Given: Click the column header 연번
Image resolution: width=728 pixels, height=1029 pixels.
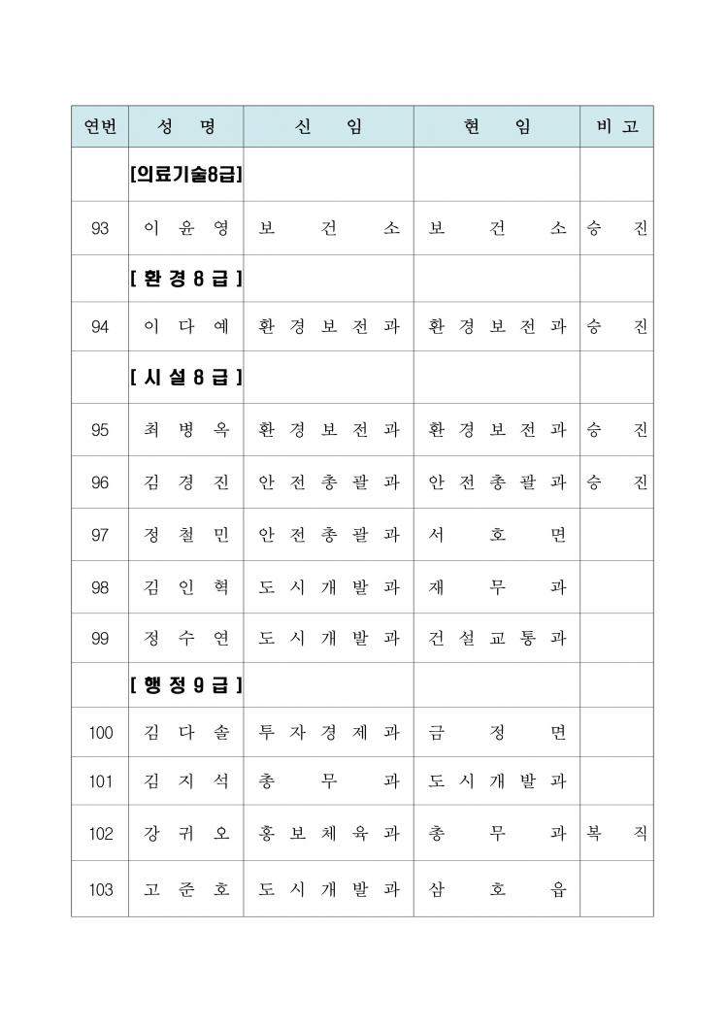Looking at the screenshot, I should [100, 126].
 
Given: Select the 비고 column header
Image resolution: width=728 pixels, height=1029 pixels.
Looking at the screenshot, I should [616, 126].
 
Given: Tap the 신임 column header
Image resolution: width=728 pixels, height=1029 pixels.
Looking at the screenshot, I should [328, 126].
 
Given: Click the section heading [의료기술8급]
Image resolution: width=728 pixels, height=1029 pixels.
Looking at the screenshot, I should [185, 175].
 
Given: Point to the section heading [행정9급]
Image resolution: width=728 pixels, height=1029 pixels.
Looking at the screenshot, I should [185, 685].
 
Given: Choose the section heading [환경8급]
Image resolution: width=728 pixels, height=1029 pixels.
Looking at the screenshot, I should [185, 280].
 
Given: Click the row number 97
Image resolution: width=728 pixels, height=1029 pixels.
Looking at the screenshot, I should [100, 535].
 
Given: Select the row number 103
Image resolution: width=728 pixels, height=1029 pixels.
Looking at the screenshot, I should [100, 889].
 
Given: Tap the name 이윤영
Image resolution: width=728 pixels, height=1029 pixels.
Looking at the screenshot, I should [185, 229].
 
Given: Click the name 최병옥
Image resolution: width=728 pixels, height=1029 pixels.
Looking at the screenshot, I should [185, 430].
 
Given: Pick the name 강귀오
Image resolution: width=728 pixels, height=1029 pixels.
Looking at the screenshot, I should [185, 834].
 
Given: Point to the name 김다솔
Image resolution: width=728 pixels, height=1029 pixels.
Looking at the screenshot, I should [185, 733].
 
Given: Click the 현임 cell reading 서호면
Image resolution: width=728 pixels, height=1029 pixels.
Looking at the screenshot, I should [497, 535].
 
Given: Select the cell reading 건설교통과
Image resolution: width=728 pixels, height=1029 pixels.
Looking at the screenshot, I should [497, 639].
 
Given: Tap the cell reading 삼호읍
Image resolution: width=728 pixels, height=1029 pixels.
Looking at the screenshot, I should [497, 889].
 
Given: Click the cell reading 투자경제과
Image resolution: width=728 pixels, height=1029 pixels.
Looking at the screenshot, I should [328, 733].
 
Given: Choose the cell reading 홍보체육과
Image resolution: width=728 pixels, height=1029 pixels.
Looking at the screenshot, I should [328, 834].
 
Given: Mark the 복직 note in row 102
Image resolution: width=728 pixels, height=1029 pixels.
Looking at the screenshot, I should [616, 834].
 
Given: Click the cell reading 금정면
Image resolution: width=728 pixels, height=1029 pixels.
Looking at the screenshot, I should [497, 733].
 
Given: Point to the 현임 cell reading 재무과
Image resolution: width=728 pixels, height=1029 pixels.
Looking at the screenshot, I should [497, 587].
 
